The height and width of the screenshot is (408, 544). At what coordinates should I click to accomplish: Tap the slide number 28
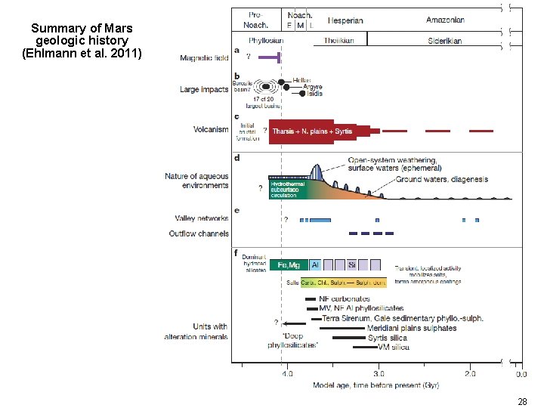[x=521, y=401]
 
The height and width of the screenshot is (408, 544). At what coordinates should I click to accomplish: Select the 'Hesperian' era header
[x=345, y=21]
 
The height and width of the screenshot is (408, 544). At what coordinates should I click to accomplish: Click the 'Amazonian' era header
[x=445, y=20]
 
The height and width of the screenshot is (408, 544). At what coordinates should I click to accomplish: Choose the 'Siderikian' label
[x=444, y=41]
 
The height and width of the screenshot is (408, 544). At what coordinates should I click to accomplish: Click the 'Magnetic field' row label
[x=204, y=57]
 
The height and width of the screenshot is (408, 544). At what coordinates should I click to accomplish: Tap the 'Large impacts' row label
[x=204, y=89]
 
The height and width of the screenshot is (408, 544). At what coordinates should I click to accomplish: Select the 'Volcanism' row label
[x=211, y=129]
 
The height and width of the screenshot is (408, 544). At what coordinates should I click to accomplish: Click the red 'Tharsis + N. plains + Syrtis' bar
[x=312, y=131]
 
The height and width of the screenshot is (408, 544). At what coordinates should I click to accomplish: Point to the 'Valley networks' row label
[x=201, y=218]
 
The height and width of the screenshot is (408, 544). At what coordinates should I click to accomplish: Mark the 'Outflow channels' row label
[x=199, y=233]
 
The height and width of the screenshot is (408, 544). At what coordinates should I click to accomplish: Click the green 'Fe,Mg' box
[x=289, y=265]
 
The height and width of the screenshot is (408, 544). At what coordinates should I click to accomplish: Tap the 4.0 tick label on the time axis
[x=286, y=374]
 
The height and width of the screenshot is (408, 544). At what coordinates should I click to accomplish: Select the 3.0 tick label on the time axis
[x=379, y=374]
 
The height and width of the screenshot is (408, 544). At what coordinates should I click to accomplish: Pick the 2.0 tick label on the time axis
[x=470, y=374]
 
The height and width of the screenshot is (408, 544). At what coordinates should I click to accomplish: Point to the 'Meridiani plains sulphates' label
[x=412, y=328]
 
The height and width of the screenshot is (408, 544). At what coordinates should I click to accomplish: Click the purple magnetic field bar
[x=268, y=57]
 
